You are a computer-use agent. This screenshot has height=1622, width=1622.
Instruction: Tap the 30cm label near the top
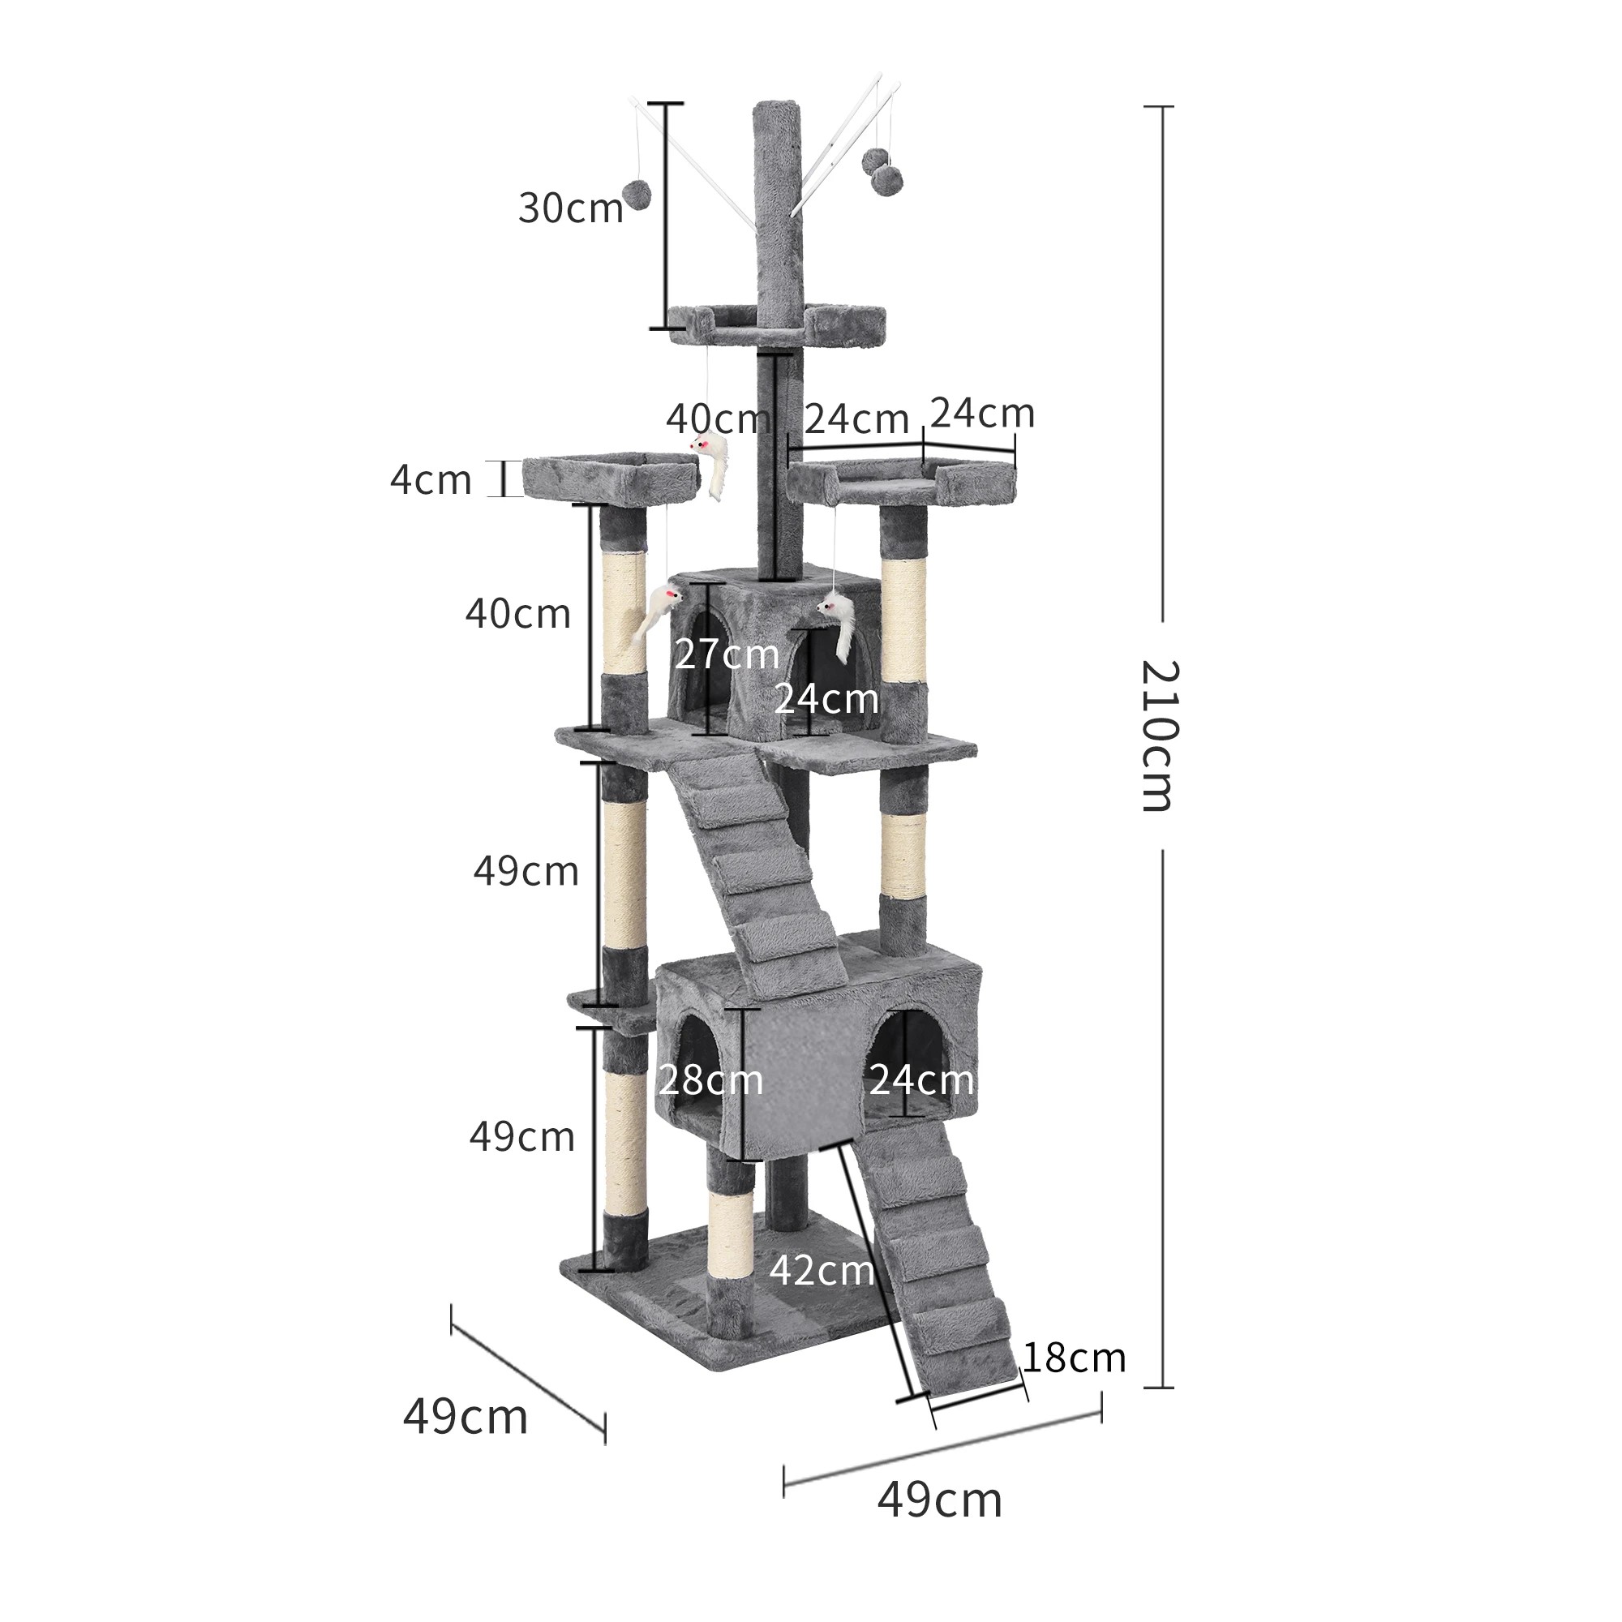click(571, 208)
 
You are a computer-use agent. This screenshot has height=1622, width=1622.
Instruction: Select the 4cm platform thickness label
click(431, 480)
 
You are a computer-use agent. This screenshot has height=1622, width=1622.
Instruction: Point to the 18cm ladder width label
click(1074, 1358)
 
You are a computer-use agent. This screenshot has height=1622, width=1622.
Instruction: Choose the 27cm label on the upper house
click(727, 654)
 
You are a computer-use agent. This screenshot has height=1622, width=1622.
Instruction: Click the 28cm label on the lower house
click(710, 1080)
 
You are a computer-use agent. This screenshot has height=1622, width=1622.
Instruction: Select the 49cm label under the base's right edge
click(939, 1500)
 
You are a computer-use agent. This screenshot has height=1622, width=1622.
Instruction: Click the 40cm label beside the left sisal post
click(518, 615)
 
